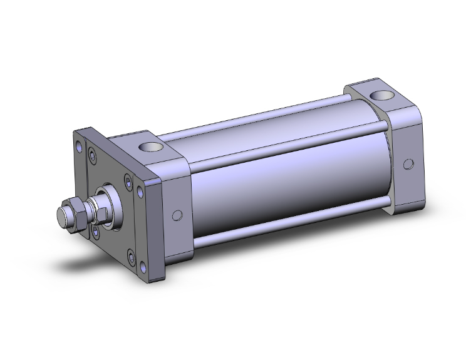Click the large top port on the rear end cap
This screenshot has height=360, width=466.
380,95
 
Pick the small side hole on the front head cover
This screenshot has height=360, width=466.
177,215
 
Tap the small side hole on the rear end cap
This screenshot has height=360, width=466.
408,164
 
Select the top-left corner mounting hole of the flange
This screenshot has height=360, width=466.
79,148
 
